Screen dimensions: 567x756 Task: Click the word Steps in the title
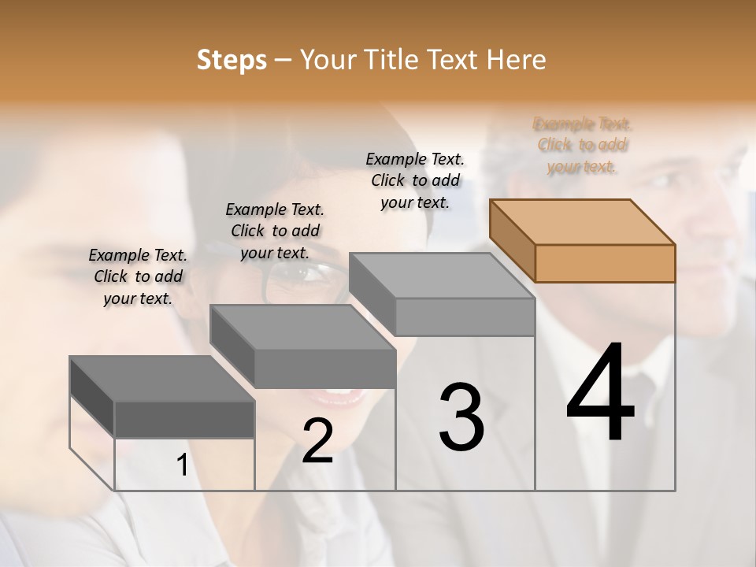(x=232, y=60)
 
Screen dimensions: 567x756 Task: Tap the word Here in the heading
(x=517, y=60)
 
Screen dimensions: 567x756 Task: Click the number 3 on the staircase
(x=461, y=417)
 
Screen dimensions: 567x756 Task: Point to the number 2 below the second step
(x=317, y=441)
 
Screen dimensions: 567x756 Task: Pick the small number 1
(x=182, y=465)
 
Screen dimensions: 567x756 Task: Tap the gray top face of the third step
(x=442, y=276)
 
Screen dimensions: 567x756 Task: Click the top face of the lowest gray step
(x=162, y=379)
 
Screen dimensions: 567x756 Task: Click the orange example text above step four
(x=582, y=145)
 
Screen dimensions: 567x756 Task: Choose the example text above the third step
(x=415, y=180)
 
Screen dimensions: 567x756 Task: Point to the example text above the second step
(x=275, y=231)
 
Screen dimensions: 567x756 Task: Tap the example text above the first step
(x=138, y=276)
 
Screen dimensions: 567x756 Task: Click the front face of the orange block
(x=605, y=263)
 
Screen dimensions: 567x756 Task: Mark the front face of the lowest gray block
(x=184, y=419)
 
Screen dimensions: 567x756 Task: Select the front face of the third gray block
(x=465, y=317)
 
